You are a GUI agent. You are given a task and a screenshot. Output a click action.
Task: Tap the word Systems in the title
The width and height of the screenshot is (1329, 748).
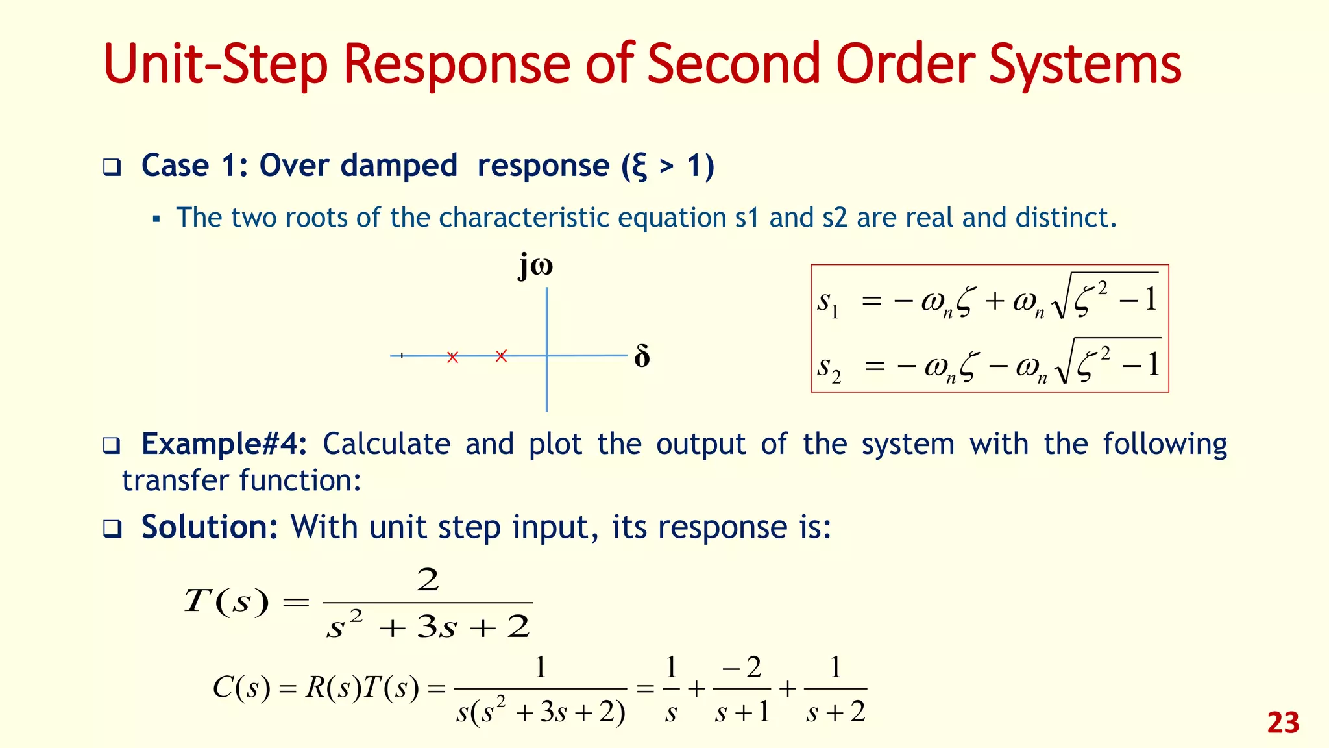click(1084, 65)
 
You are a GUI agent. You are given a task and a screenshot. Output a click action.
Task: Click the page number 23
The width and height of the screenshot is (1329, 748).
click(1283, 723)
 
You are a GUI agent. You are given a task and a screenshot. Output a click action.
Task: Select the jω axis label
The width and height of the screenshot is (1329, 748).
click(535, 266)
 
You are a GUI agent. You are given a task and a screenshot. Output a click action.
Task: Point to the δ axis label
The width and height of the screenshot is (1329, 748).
click(642, 357)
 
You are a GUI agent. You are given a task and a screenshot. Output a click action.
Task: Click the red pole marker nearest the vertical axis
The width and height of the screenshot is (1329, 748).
click(501, 356)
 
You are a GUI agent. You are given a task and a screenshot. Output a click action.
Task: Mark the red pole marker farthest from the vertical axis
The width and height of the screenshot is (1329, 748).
click(453, 357)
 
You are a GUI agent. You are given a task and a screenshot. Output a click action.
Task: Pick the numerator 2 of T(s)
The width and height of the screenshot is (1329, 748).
click(428, 579)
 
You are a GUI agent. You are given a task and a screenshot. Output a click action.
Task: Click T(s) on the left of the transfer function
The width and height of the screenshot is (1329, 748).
click(226, 601)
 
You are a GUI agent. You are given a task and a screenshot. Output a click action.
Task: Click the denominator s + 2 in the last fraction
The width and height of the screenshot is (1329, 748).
click(835, 712)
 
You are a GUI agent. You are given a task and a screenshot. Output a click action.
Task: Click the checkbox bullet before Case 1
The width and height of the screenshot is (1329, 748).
click(112, 168)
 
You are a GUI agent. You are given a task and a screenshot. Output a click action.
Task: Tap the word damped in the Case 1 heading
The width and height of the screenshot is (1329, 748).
click(398, 166)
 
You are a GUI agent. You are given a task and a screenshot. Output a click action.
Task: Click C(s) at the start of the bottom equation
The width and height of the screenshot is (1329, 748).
click(241, 688)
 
